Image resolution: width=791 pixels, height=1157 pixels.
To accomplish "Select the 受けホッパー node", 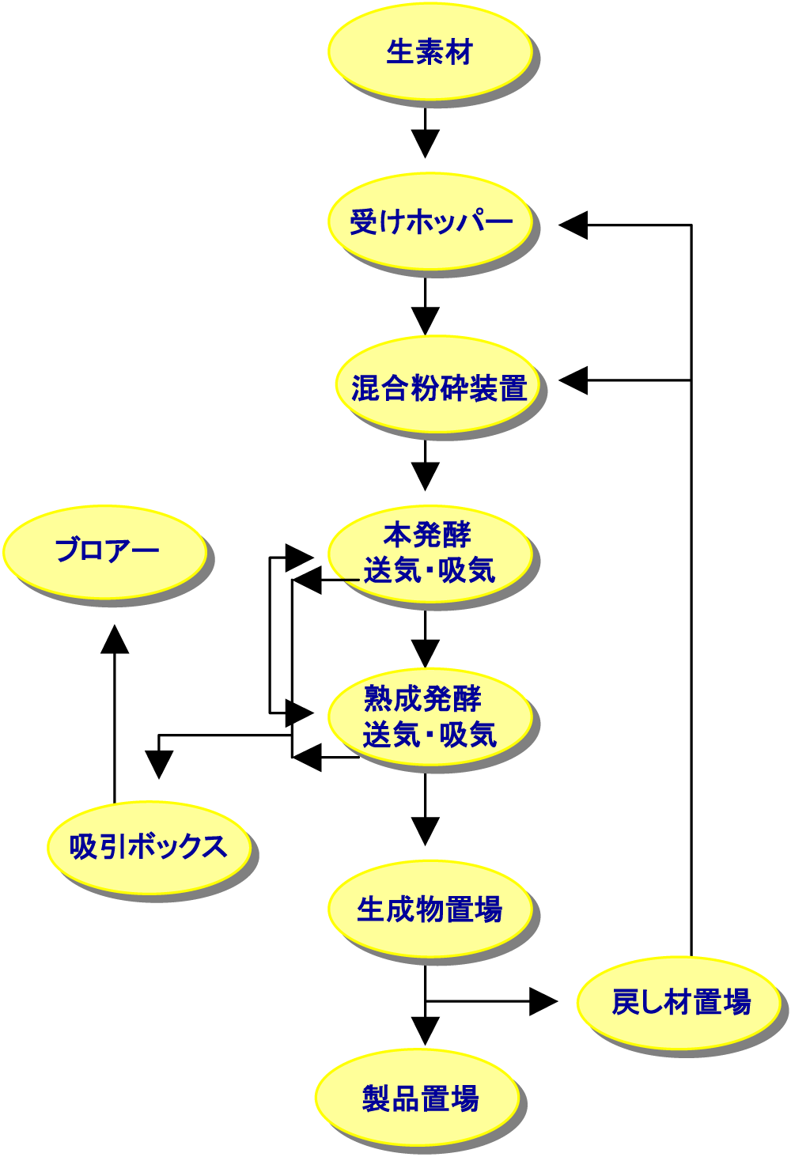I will (x=429, y=221).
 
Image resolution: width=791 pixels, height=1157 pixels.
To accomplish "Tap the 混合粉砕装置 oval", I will (x=439, y=388).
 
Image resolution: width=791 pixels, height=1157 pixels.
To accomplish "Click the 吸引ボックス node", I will (x=149, y=847).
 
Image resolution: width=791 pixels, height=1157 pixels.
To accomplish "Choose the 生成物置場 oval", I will (x=429, y=909).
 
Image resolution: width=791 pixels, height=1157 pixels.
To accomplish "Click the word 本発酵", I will (x=427, y=535).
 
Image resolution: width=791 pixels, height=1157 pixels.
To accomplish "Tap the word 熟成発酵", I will (x=422, y=699).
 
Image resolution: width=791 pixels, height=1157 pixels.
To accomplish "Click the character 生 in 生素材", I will (x=400, y=52).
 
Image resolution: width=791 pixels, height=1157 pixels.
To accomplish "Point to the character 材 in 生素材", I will (x=459, y=52).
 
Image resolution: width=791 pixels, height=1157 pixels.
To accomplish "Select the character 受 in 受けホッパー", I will (x=365, y=222).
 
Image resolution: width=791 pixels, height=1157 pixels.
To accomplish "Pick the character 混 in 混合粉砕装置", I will (x=365, y=388).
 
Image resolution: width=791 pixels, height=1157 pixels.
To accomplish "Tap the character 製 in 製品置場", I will (x=377, y=1099).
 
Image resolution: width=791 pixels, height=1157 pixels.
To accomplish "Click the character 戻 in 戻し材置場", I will (x=626, y=1003).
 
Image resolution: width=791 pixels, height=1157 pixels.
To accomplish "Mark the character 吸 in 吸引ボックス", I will (x=83, y=847).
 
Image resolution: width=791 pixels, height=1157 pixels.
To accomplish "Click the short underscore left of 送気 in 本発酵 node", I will (x=351, y=580).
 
